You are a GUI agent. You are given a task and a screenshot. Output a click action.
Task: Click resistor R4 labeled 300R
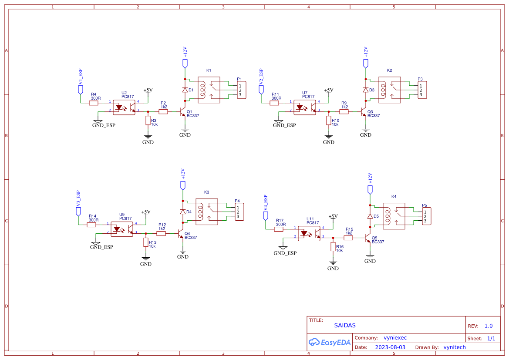94,103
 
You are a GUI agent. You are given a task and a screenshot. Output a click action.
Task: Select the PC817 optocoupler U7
305,107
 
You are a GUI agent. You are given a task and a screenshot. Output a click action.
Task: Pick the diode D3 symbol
366,90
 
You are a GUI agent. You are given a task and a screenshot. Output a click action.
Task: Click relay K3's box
207,212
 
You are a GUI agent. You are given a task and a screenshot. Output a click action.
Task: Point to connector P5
426,216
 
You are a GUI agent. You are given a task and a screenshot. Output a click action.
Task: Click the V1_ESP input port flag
81,89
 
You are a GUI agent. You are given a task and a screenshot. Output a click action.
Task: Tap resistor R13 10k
146,242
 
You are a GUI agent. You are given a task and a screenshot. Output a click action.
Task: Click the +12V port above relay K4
370,189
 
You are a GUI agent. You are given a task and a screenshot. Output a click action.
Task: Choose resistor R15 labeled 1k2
348,238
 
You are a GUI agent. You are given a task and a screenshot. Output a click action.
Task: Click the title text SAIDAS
345,325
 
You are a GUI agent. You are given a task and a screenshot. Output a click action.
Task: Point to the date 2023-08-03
390,347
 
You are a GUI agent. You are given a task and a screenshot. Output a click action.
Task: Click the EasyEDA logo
330,343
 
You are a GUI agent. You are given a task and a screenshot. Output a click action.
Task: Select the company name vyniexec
395,337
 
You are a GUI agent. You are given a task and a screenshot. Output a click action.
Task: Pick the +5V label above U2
148,91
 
